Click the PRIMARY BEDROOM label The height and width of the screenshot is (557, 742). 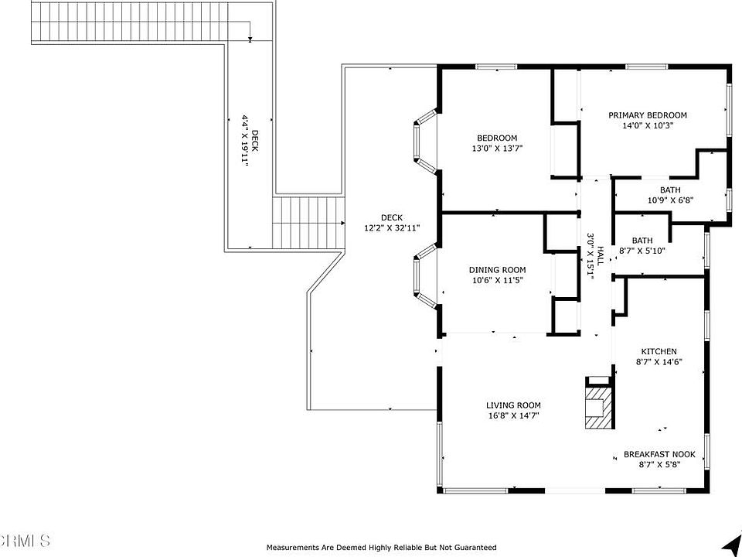(648, 115)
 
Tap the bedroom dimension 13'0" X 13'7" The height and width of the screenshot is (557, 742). (497, 149)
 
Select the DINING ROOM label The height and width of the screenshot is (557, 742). (497, 270)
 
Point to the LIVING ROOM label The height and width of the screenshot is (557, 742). (513, 405)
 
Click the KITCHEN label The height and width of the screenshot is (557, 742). (659, 351)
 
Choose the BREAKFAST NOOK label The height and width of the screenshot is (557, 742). (659, 454)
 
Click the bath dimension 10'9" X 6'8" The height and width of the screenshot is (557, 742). (671, 200)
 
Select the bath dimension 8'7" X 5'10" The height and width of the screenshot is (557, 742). (642, 251)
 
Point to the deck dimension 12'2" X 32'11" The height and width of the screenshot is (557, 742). (392, 227)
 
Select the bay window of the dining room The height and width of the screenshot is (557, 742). (426, 277)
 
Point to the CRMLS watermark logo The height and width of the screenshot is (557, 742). (25, 540)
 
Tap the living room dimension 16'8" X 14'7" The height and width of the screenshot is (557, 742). (513, 416)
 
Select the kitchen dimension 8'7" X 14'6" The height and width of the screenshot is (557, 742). (659, 362)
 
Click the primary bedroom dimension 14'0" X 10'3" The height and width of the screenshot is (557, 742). (648, 125)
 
